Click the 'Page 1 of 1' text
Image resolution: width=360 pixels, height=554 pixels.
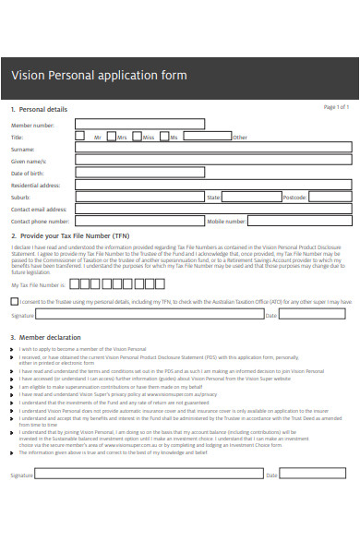pos(335,107)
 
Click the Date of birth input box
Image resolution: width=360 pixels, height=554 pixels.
pos(212,172)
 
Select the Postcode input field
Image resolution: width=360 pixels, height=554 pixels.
pos(330,197)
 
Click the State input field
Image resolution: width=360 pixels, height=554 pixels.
pos(251,197)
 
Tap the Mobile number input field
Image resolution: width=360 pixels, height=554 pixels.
pos(299,221)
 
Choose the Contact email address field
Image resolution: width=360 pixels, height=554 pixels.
pos(212,209)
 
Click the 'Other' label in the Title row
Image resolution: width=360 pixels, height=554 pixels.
pos(240,137)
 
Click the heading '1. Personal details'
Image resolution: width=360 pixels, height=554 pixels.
pos(38,109)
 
